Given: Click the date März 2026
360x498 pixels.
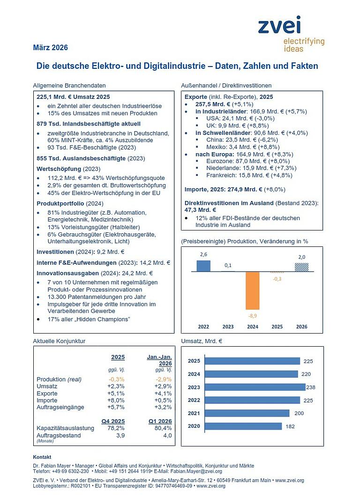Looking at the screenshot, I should [50, 47].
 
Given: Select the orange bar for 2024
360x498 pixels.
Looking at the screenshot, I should [252, 290].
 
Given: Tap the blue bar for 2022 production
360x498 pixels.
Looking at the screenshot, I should [203, 266].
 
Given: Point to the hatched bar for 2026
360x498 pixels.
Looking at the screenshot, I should [301, 267].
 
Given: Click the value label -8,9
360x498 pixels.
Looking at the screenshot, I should [252, 315].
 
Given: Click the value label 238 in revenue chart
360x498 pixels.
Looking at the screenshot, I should [311, 387].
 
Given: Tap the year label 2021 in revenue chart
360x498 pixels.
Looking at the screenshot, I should [194, 413].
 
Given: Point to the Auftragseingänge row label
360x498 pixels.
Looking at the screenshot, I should [60, 407].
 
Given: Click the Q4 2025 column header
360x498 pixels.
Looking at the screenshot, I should [113, 420].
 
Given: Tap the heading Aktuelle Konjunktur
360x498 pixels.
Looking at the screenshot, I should [59, 341].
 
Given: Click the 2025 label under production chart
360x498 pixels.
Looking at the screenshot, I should [277, 326].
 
